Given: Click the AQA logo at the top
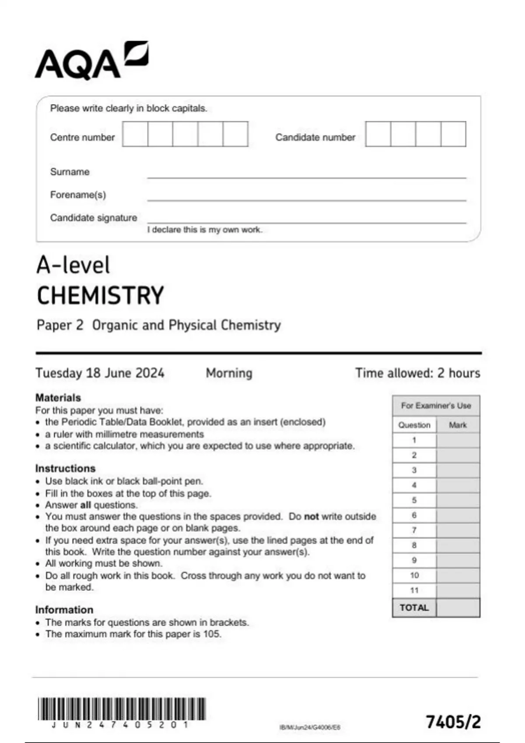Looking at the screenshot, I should click(92, 61).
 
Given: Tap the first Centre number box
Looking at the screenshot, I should click(135, 134).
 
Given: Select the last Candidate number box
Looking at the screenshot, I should click(453, 134).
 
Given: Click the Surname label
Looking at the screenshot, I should click(70, 172).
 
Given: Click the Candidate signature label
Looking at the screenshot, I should click(93, 218).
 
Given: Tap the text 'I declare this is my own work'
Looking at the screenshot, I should click(204, 230).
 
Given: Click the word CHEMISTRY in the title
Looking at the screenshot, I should click(100, 295).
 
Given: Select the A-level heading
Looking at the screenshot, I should click(73, 265).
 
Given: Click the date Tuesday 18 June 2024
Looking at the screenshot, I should click(100, 373).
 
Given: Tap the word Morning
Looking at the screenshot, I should click(229, 373).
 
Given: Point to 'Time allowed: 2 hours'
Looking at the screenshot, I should click(417, 373).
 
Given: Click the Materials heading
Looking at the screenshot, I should click(58, 398).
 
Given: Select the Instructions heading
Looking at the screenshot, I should click(65, 468).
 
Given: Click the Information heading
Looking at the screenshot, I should click(64, 610).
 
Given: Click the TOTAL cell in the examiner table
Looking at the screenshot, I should click(414, 608).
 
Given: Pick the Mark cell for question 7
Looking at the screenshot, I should click(458, 531).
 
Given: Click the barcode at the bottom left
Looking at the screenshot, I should click(122, 709).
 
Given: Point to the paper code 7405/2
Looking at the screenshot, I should click(453, 722).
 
